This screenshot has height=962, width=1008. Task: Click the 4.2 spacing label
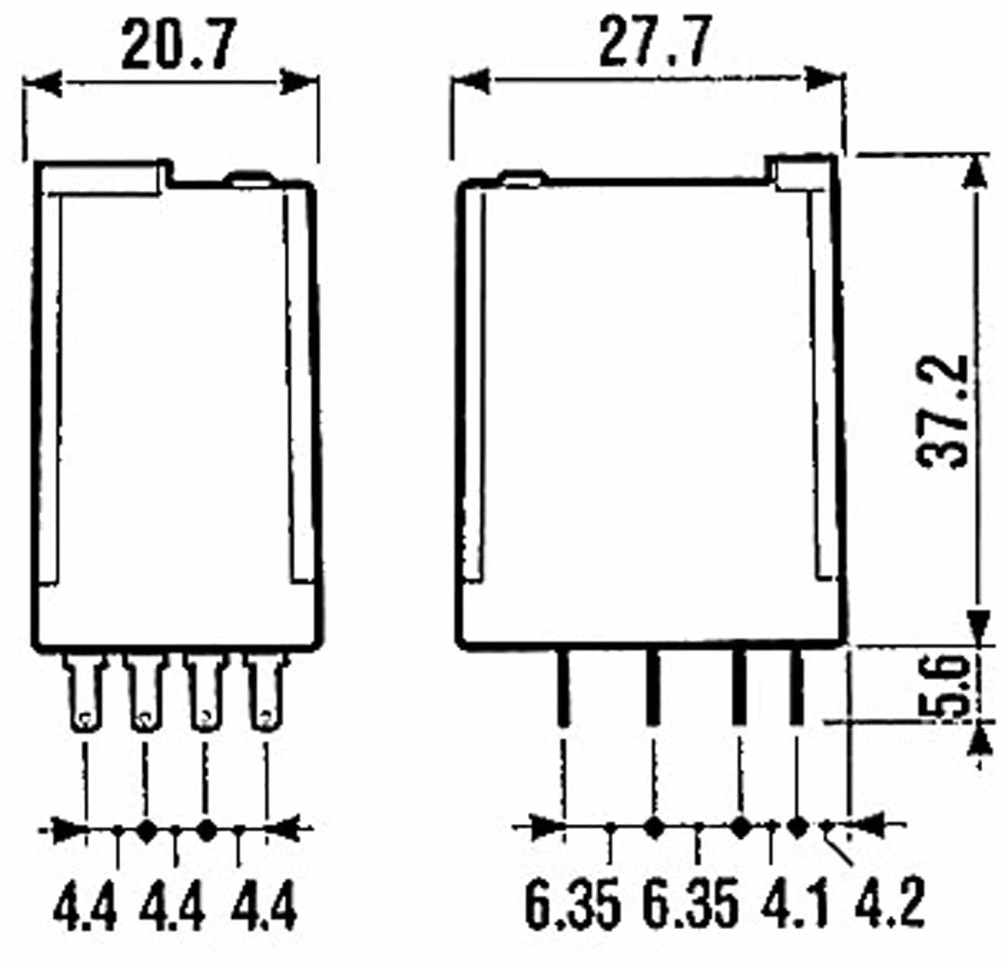(x=889, y=903)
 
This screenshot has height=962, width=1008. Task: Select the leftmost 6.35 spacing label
(x=572, y=903)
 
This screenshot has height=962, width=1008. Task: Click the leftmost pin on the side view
(x=563, y=688)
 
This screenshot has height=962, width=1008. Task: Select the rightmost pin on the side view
(x=796, y=688)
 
